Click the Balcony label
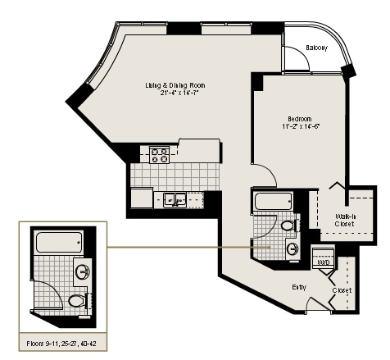316,48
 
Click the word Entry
300,286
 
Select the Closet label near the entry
342,289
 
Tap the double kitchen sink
174,198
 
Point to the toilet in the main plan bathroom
288,225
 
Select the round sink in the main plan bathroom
292,248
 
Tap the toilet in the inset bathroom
76,301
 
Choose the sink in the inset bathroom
82,271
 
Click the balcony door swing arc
291,62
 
